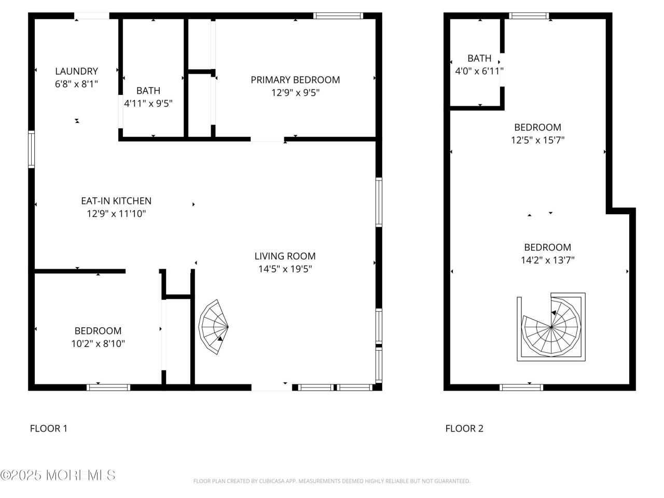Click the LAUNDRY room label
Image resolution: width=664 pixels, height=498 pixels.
(77, 71)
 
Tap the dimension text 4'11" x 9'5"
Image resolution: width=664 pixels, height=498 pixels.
(148, 103)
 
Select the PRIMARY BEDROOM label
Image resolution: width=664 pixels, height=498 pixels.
(295, 80)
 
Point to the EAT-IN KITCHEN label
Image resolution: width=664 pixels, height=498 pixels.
(116, 201)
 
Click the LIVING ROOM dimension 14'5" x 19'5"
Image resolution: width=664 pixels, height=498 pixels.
(285, 269)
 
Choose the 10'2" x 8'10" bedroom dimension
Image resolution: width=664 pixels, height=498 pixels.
(98, 343)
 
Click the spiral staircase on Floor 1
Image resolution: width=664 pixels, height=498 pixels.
(213, 327)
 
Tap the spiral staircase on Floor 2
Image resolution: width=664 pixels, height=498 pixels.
(551, 327)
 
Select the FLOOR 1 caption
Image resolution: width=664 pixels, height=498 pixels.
(49, 428)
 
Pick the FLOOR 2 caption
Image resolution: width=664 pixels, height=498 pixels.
(464, 428)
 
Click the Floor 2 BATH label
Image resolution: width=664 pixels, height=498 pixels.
(479, 58)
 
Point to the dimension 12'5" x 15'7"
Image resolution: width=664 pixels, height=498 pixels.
(537, 140)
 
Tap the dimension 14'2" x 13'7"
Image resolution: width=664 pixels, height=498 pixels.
(547, 260)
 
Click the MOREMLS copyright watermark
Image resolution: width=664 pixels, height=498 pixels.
(58, 475)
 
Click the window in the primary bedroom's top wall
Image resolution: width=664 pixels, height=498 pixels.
(338, 16)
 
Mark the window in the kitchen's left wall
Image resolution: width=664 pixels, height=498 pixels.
(32, 149)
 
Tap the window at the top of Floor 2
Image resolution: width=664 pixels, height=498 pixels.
(529, 16)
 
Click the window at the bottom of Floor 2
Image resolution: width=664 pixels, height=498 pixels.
(521, 388)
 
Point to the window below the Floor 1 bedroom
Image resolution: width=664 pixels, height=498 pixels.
(108, 388)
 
